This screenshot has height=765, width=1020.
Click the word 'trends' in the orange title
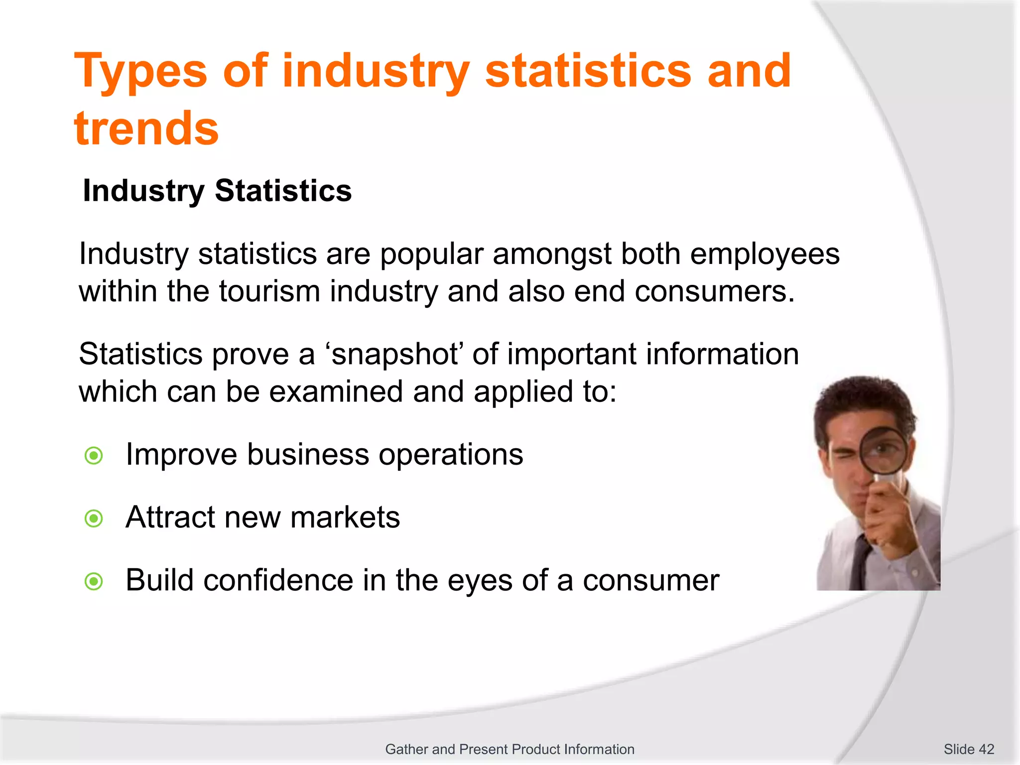[146, 128]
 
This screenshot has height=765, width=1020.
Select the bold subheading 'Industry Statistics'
[217, 191]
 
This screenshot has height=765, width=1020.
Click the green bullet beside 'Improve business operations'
[94, 456]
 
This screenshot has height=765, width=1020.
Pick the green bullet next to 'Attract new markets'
[94, 518]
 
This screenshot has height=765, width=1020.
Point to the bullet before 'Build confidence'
[94, 581]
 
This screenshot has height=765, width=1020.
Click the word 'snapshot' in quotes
[394, 355]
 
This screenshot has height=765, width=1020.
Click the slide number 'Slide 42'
[969, 749]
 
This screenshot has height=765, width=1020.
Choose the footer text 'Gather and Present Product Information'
[510, 749]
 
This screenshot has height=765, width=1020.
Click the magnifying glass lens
[885, 450]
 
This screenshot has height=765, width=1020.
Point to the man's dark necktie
[860, 563]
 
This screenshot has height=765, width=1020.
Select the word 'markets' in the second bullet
[345, 517]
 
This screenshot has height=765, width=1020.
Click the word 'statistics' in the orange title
[588, 71]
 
